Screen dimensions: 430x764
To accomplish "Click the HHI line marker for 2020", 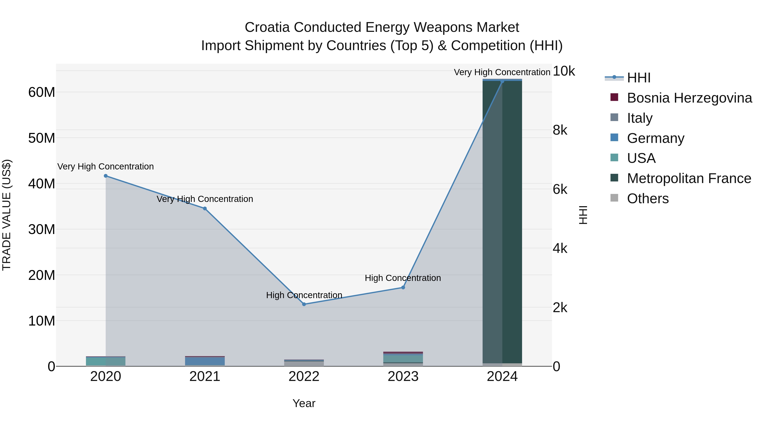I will (106, 176).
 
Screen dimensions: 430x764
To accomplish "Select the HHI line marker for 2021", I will (205, 209).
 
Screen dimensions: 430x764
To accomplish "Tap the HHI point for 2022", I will (304, 304).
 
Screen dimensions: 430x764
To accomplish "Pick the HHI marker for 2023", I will (403, 287).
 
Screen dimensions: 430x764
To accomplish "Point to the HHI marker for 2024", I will (502, 81).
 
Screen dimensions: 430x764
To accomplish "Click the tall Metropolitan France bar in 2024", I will (502, 223).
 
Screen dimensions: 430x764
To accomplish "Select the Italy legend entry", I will (639, 118).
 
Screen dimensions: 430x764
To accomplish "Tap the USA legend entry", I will (641, 158).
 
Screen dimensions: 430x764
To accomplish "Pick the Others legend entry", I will (647, 199).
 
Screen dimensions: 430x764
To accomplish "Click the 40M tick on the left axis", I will (42, 184).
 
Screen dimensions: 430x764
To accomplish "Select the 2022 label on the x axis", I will (304, 376).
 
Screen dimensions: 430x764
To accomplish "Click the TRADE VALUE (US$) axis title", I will (7, 215).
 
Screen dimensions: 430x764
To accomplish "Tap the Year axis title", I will (304, 403).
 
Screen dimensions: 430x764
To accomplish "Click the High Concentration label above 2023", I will (403, 278).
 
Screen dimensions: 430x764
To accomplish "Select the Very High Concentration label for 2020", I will (106, 166).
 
